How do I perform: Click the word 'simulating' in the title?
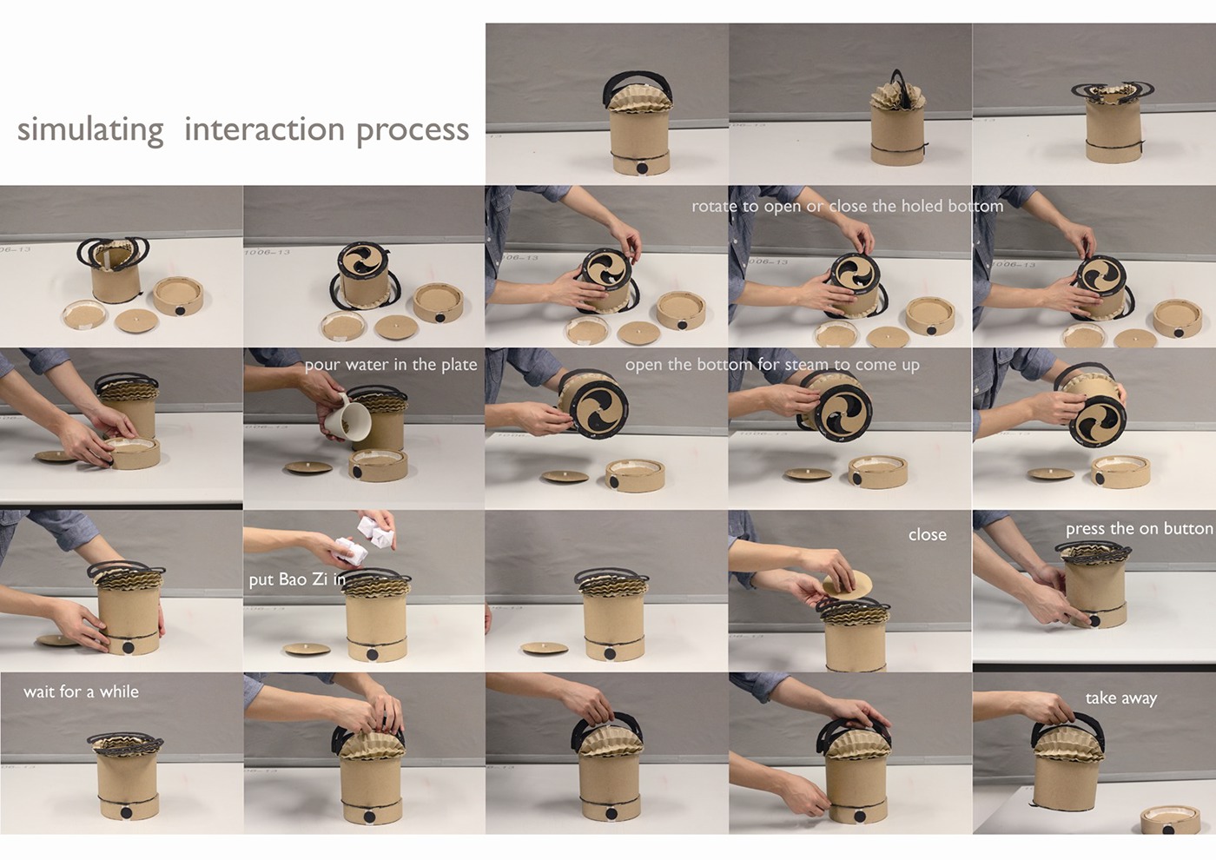(x=90, y=130)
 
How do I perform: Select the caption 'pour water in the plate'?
(x=391, y=365)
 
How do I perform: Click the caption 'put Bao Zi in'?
(x=297, y=580)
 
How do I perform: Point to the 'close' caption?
(x=928, y=535)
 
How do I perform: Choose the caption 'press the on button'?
(x=1139, y=529)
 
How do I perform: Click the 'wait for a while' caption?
(x=81, y=691)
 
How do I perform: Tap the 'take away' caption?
(x=1121, y=698)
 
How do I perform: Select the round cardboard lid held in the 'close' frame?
(x=847, y=585)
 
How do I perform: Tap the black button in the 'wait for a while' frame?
(x=126, y=813)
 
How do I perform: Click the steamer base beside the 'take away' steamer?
(x=1170, y=820)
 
